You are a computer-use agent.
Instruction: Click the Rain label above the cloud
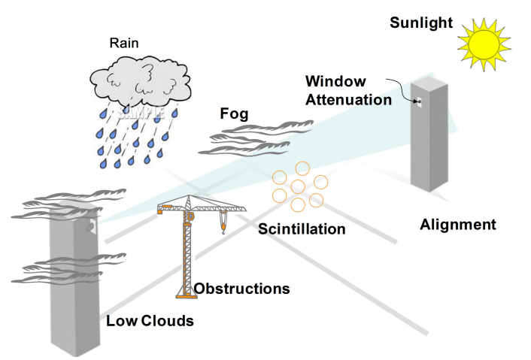click(124, 43)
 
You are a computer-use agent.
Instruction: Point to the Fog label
click(234, 115)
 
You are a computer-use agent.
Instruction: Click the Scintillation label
click(302, 228)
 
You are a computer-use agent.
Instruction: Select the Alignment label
click(458, 224)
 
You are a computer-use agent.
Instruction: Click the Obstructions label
click(241, 288)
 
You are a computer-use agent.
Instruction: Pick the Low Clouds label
click(150, 321)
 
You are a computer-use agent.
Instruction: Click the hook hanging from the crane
click(223, 225)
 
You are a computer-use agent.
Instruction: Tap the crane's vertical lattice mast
click(183, 256)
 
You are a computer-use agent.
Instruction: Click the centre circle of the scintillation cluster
click(298, 186)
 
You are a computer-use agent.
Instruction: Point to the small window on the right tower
click(419, 101)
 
